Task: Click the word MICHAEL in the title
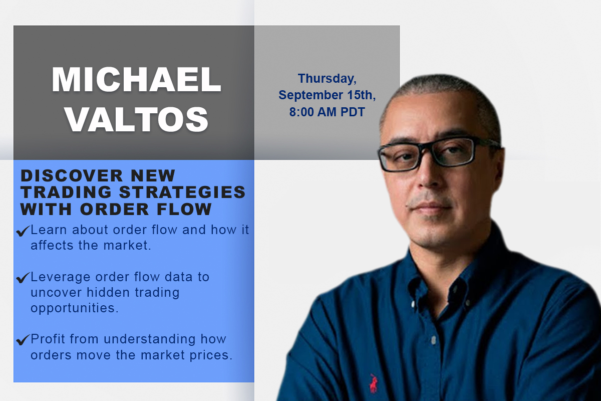pos(136,80)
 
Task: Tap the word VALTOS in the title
pos(137,119)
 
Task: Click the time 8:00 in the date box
pos(302,112)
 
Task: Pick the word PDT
pos(353,112)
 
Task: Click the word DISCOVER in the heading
pos(72,175)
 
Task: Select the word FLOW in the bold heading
pos(184,209)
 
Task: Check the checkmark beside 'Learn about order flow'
pos(23,231)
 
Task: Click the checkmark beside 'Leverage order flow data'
pos(23,278)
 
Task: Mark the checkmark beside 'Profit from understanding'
pos(23,340)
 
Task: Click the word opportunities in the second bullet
pos(75,308)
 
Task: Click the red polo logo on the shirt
pos(373,383)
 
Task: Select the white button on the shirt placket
pos(433,340)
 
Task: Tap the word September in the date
pos(311,95)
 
